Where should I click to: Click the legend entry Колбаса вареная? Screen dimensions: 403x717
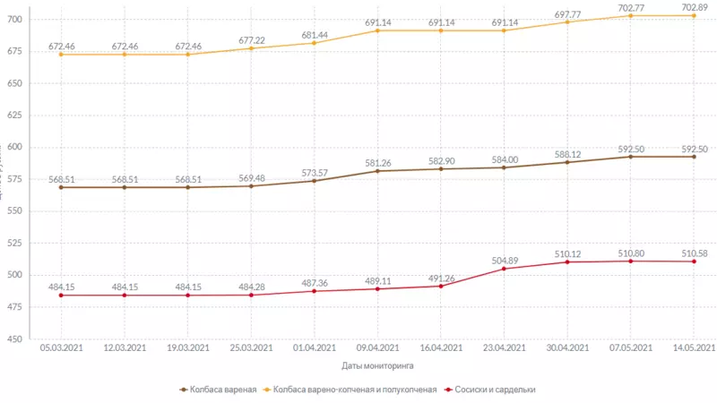tap(223, 390)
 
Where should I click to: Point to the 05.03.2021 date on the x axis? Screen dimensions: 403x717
tap(60, 347)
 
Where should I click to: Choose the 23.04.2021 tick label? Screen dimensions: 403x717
tap(505, 347)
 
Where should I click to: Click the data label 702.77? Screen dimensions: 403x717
tap(631, 7)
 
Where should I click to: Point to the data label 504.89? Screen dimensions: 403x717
tap(505, 261)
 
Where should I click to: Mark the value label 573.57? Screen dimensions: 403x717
tap(314, 172)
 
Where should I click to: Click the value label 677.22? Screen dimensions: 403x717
tap(251, 40)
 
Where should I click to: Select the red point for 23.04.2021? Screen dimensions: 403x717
tap(505, 269)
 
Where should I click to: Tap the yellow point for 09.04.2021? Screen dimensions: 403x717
tap(377, 30)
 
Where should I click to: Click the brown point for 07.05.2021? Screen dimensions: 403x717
tap(631, 157)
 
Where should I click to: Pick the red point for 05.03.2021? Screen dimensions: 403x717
tap(60, 296)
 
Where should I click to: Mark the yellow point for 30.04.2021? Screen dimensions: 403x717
tap(568, 21)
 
